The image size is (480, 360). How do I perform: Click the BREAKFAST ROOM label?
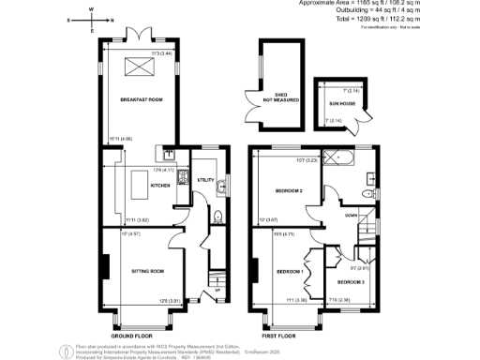coord(136,98)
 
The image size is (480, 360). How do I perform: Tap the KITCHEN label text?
coord(133,187)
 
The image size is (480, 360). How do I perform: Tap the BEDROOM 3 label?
coord(352,281)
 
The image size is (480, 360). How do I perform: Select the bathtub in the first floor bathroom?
coord(335,157)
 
